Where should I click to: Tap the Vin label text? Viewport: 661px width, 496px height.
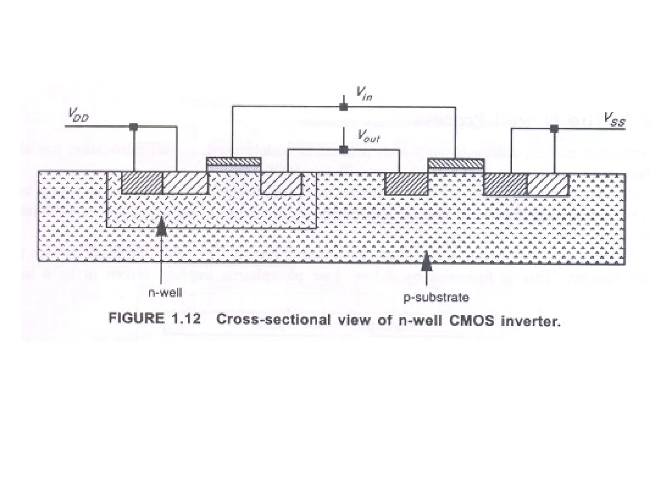(x=364, y=94)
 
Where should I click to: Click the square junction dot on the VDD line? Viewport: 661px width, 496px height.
(x=133, y=127)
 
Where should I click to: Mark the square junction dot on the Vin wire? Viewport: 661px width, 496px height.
(x=344, y=107)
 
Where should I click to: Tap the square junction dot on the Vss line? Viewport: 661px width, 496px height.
(x=554, y=129)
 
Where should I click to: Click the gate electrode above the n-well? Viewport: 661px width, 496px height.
(x=234, y=161)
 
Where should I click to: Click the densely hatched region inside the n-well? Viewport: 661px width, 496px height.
(x=142, y=183)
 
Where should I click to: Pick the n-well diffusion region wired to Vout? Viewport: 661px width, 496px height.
(x=281, y=184)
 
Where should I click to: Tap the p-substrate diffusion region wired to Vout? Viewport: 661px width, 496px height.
(x=407, y=184)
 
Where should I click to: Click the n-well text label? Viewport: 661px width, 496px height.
(x=165, y=293)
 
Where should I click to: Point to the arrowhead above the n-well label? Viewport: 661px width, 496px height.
(x=161, y=228)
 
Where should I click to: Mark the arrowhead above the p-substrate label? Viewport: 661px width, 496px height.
(x=427, y=261)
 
